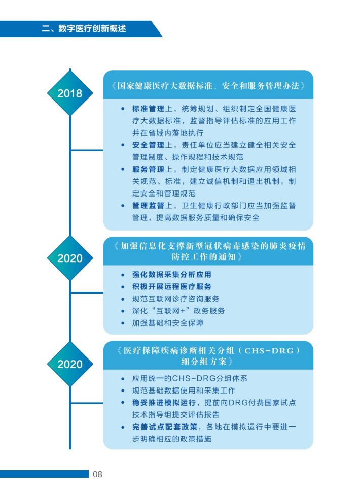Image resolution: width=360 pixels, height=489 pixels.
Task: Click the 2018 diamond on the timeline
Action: tap(70, 93)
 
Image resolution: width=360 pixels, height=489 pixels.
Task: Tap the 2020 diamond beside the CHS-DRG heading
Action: tap(70, 364)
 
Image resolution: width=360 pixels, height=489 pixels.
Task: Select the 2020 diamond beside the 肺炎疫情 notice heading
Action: tap(70, 258)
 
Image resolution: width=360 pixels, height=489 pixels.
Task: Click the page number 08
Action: tap(97, 474)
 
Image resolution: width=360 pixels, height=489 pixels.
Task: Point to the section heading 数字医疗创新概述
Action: tap(92, 29)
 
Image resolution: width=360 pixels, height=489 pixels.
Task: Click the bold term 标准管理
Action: tap(148, 109)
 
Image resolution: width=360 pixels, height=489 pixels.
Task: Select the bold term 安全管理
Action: tap(148, 145)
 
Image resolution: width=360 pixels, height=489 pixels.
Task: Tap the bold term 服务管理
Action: tap(148, 169)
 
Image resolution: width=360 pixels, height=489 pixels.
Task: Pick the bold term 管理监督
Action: tap(148, 206)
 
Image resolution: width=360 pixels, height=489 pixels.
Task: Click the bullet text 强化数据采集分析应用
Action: tap(171, 274)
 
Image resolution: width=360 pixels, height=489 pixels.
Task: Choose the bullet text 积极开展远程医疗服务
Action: tap(171, 286)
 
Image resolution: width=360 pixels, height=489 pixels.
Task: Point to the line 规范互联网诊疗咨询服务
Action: tap(175, 299)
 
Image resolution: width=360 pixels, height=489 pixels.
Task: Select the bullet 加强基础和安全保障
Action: tap(168, 323)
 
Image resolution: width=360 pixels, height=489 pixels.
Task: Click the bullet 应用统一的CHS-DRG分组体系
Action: tap(190, 378)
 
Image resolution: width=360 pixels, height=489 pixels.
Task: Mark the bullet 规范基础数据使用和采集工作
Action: tap(184, 390)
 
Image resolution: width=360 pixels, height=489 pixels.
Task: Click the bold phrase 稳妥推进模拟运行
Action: tap(164, 403)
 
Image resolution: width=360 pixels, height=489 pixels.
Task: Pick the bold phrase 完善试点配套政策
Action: tap(165, 427)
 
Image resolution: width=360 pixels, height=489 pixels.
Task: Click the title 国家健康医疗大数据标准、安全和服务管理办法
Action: tap(208, 86)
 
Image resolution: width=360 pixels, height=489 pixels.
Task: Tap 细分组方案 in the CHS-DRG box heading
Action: tap(204, 362)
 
